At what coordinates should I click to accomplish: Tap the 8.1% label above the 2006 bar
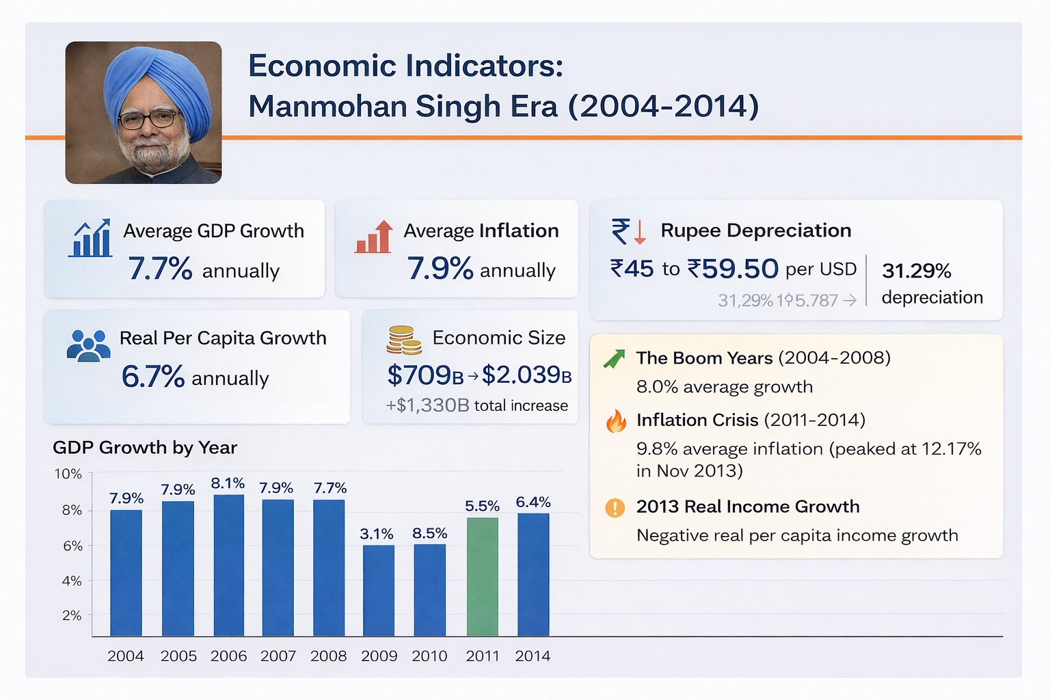coord(228,483)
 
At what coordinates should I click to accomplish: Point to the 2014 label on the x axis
coord(533,656)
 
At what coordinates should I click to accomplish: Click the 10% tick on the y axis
coord(68,474)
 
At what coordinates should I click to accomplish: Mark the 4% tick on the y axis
coord(72,581)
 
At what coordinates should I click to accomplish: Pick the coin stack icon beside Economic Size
coord(403,340)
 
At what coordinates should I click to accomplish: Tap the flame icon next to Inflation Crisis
coord(616,421)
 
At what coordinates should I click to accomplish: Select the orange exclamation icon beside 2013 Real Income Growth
coord(615,508)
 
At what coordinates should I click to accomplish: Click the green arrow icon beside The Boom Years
coord(615,358)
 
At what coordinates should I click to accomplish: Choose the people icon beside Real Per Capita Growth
coord(88,345)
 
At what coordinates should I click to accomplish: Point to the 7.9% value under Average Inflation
coord(440,269)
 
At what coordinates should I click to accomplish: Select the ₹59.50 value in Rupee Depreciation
coord(733,269)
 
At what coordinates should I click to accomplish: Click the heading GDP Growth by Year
coord(145,448)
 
